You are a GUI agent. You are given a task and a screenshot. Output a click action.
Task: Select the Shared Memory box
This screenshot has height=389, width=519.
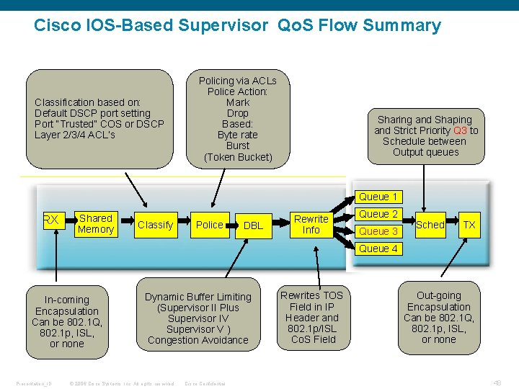96,224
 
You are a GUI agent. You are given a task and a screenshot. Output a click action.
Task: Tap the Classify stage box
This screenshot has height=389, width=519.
156,225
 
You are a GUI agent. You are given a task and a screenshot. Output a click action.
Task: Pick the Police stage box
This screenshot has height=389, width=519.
210,225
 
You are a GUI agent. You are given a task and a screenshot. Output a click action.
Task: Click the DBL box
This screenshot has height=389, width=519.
253,225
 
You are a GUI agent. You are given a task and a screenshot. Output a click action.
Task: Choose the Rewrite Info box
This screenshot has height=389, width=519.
311,224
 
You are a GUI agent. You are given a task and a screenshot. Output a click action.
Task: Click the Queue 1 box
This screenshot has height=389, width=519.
378,197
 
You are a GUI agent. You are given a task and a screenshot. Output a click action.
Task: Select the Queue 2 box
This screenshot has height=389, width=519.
378,214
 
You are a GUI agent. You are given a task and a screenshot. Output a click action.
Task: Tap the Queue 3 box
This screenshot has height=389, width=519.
378,231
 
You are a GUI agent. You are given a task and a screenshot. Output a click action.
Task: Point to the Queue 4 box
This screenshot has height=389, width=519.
378,249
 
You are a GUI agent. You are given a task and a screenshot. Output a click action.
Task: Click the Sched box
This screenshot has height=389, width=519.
430,225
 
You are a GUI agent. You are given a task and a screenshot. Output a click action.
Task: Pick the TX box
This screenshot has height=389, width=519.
469,225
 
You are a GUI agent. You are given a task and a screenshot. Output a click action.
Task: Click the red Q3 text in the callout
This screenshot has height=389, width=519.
460,130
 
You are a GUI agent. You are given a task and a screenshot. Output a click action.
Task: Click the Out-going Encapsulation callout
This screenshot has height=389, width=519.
438,317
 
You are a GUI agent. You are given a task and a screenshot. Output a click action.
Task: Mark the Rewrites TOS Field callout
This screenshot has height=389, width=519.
311,317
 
